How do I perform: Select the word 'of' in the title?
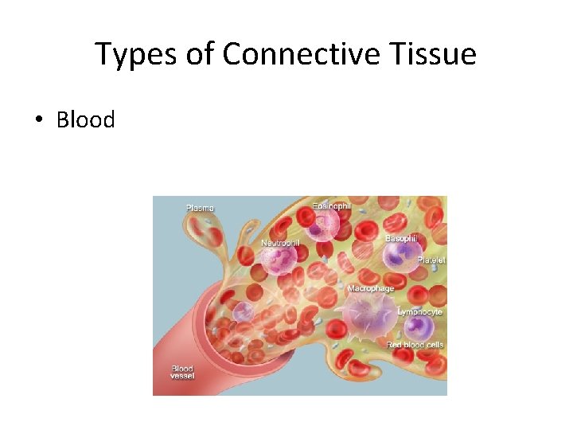point(196,55)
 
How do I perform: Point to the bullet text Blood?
point(85,120)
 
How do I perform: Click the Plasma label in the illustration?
point(200,208)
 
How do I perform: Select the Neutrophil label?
point(280,242)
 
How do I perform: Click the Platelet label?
point(431,260)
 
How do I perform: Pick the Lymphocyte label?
point(421,312)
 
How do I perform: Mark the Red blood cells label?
point(414,345)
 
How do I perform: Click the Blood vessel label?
point(182,373)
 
